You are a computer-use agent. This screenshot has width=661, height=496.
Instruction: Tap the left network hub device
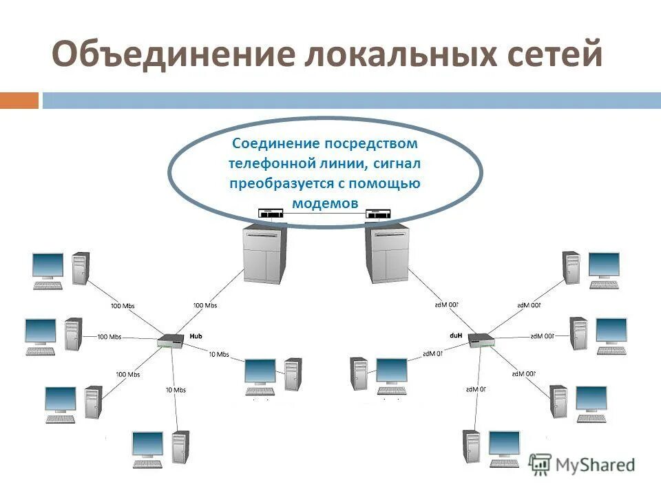(168, 340)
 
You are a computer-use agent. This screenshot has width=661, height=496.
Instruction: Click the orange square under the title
(19, 101)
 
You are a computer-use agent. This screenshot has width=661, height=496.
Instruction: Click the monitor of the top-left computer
(48, 266)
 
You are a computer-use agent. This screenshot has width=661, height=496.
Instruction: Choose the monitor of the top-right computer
(604, 265)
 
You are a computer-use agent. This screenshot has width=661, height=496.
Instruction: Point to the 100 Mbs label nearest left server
(204, 305)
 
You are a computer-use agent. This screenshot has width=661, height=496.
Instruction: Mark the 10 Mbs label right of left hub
(218, 354)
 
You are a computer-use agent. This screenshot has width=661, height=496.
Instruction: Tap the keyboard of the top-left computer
(48, 285)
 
